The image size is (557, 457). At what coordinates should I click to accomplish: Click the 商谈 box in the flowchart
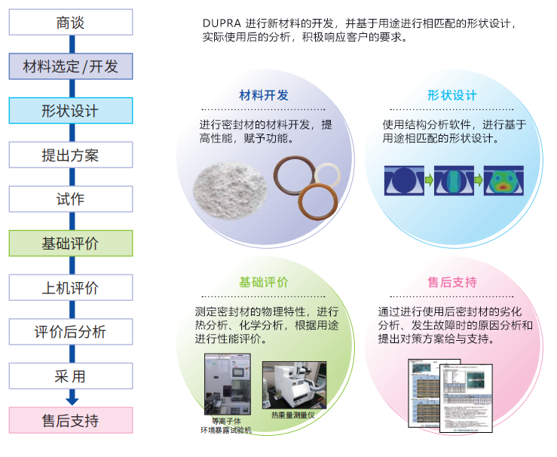coord(70,23)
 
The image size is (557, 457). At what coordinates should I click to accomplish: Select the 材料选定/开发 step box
coord(70,66)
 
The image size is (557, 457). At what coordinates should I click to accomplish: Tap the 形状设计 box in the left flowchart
coord(70,111)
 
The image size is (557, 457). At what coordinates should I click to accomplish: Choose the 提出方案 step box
coord(70,155)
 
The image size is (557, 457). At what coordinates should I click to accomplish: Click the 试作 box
coord(70,199)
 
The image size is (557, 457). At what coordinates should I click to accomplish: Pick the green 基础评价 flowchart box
coord(70,244)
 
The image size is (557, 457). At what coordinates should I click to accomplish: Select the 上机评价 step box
coord(70,287)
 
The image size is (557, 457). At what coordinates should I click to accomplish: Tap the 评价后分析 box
coord(70,332)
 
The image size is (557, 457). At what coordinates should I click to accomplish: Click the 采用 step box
coord(70,376)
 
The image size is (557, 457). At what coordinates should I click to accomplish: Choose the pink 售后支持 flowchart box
coord(70,421)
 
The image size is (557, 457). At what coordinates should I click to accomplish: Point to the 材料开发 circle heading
coord(264,96)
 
